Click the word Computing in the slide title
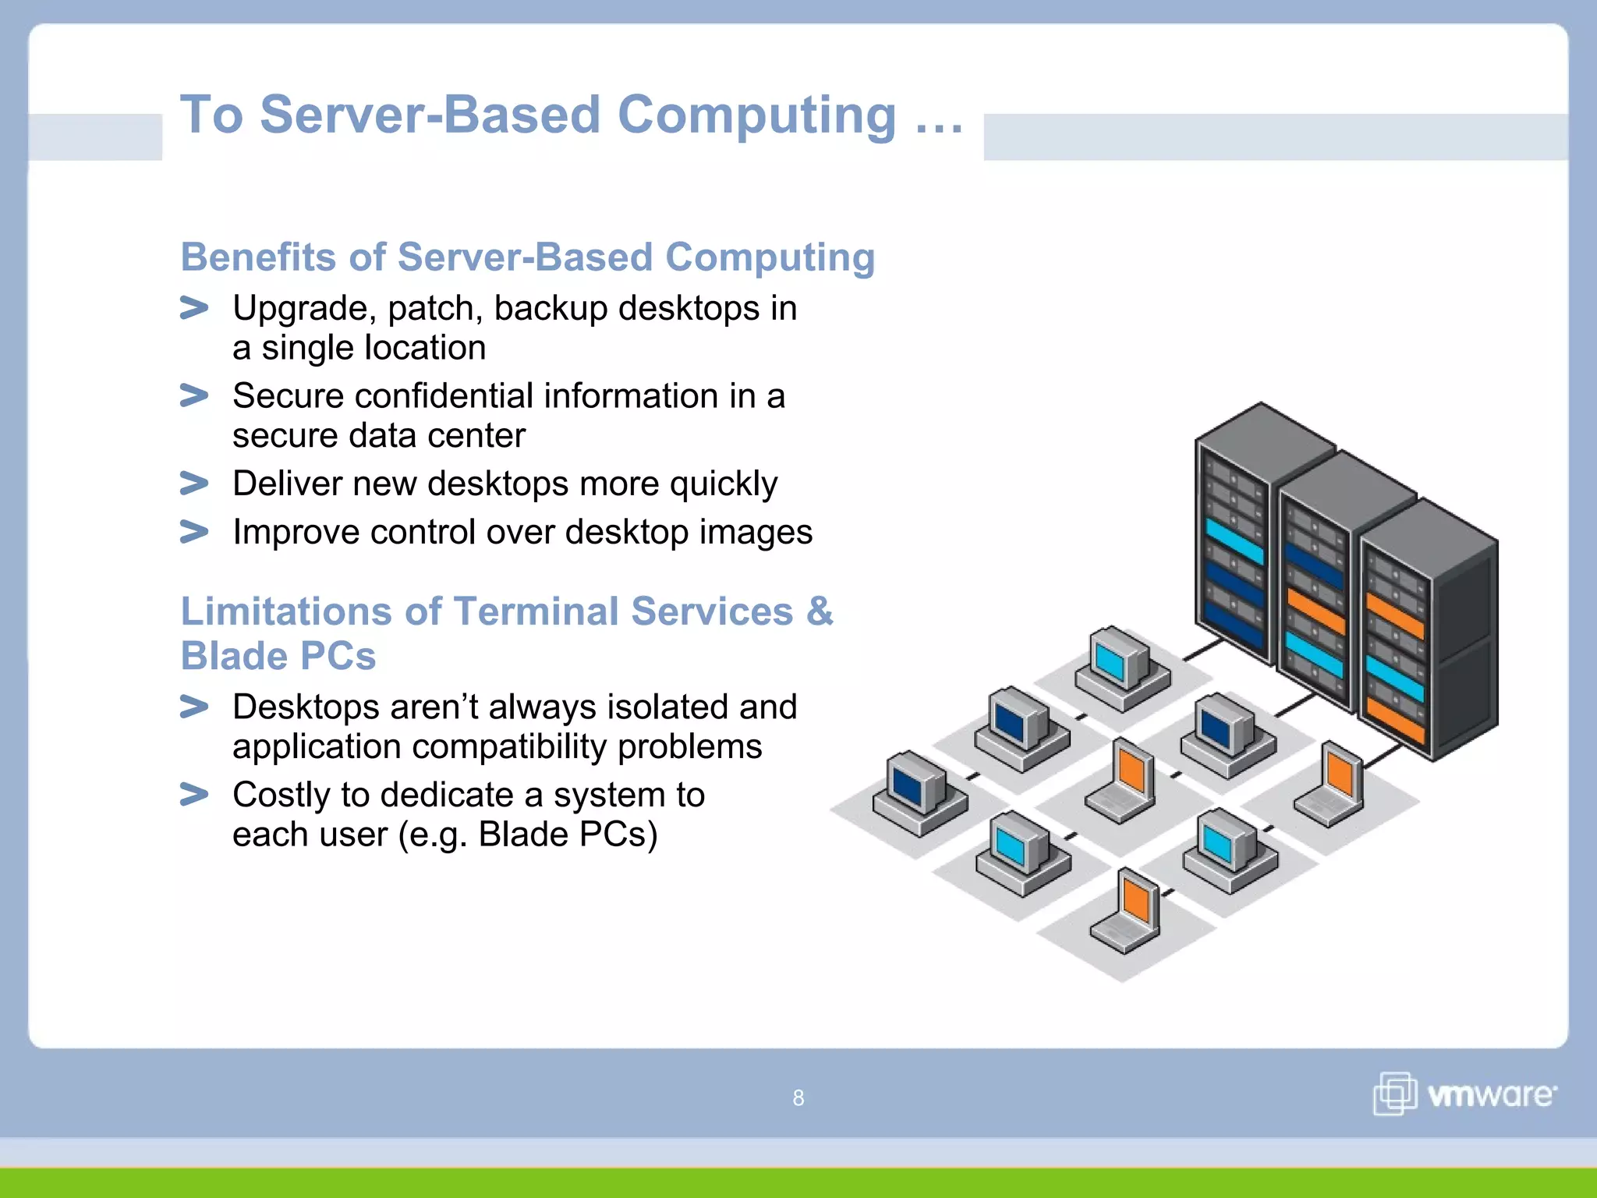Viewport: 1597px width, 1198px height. point(756,115)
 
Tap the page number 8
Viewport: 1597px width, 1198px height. point(798,1098)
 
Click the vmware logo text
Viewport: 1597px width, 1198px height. point(1490,1095)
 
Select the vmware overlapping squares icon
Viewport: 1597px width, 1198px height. point(1394,1093)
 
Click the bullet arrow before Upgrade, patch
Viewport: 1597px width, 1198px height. point(193,308)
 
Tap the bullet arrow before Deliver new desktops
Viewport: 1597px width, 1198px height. point(193,484)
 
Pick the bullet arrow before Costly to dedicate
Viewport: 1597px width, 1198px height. point(193,795)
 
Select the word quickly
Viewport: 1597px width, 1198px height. point(723,485)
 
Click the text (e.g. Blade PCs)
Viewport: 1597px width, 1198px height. point(528,835)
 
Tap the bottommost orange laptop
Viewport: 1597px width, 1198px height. point(1128,913)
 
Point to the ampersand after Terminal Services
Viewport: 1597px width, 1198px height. point(819,611)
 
